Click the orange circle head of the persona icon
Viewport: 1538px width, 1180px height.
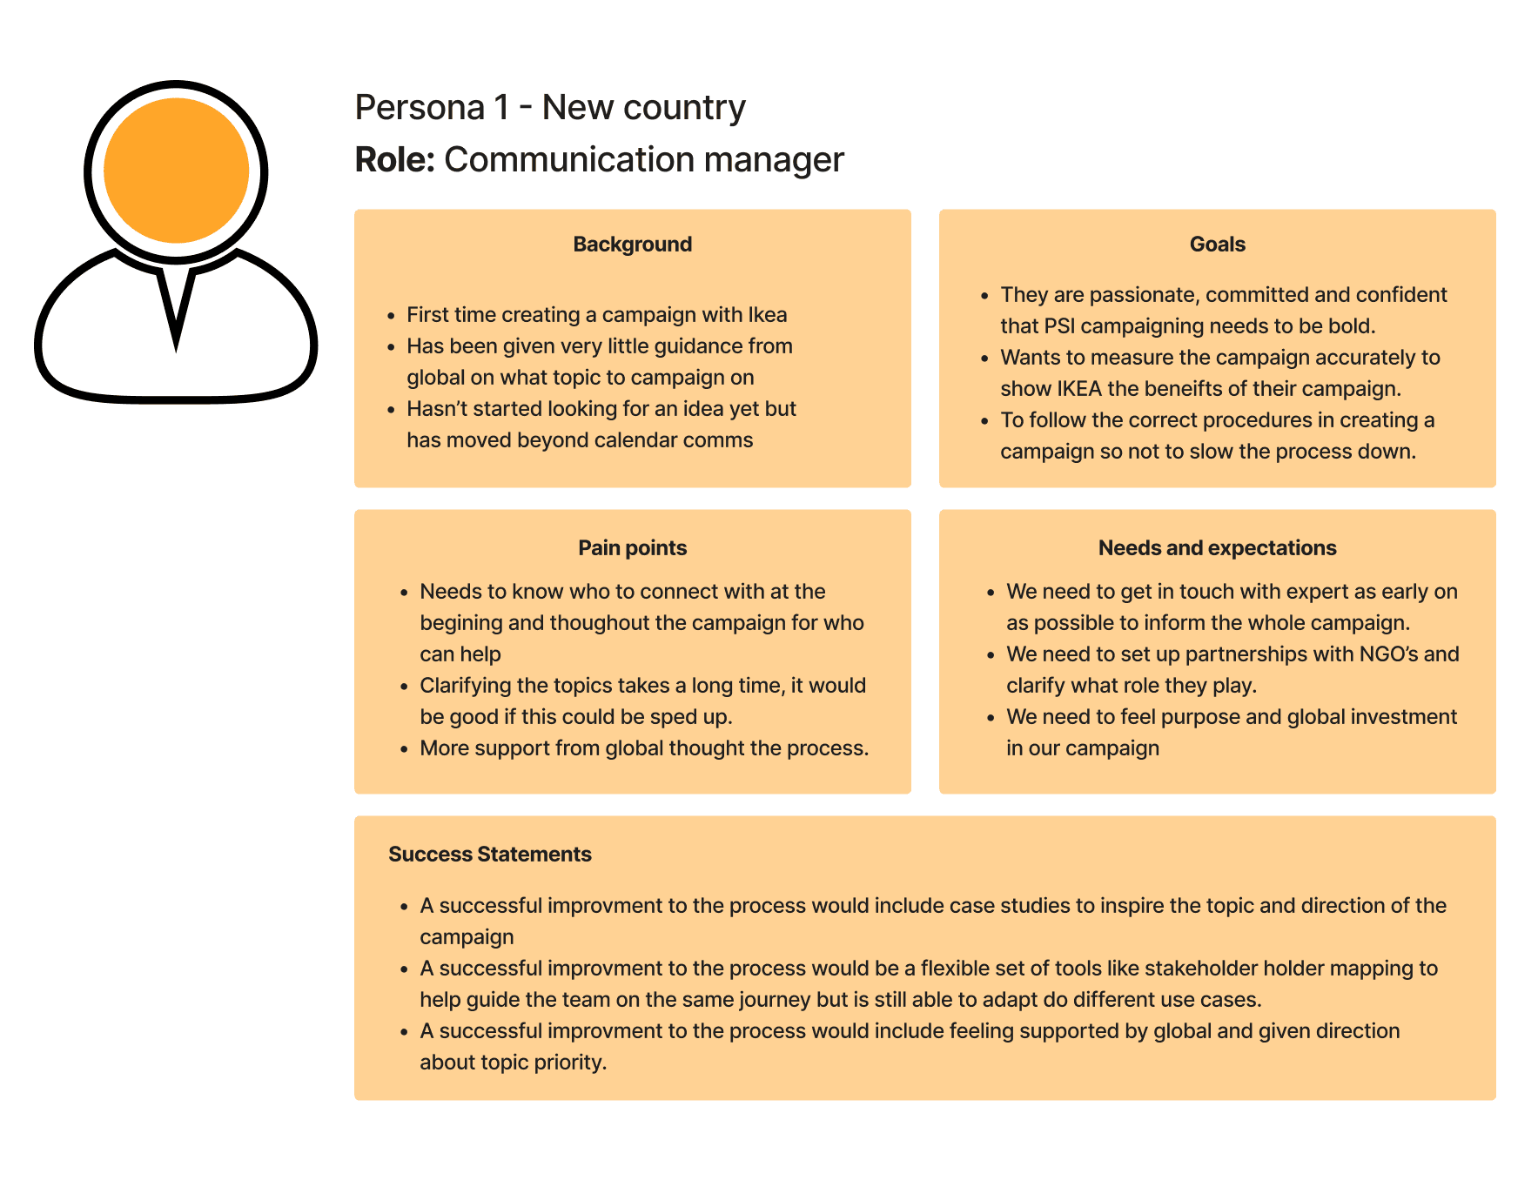176,171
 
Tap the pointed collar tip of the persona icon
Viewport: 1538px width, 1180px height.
176,339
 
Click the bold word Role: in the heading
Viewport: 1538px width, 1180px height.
394,160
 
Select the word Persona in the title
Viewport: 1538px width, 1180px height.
420,108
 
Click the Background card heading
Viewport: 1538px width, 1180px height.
632,245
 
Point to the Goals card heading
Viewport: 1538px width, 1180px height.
1217,245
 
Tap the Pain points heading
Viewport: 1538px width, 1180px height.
632,548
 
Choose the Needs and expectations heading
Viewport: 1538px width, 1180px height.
1217,548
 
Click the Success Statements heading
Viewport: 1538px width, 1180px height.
489,855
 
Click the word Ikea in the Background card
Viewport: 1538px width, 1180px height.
767,315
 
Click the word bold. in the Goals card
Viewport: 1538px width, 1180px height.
1352,326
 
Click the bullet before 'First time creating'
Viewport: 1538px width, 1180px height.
392,316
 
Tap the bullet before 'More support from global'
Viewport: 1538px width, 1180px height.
404,749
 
